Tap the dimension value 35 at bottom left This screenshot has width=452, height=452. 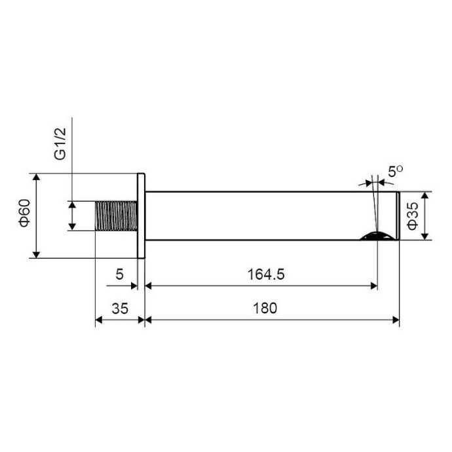click(119, 307)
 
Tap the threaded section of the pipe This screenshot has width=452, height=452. click(116, 216)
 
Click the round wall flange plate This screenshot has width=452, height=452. click(140, 216)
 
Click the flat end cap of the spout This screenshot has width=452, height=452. click(397, 216)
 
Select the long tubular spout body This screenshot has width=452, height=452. click(262, 216)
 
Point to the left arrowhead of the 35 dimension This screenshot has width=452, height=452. click(100, 320)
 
